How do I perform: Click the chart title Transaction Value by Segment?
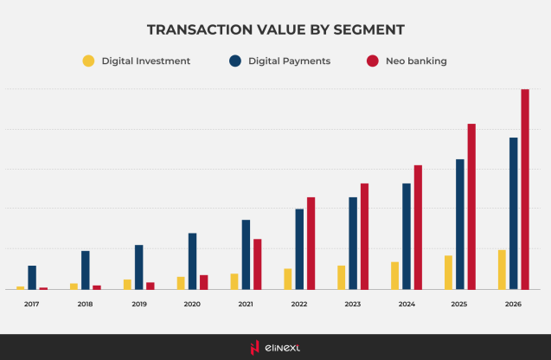[x=275, y=30]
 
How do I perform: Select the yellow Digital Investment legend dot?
[x=88, y=61]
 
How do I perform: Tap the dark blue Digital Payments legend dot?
[x=235, y=61]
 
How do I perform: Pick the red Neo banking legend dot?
[x=373, y=61]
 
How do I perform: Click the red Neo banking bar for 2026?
[x=525, y=189]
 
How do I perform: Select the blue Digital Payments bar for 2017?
[x=32, y=278]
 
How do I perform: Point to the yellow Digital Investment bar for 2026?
[x=502, y=270]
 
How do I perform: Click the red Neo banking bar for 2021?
[x=257, y=264]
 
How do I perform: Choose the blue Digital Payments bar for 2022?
[x=299, y=249]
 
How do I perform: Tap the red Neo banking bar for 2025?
[x=471, y=206]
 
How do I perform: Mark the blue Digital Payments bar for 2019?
[x=138, y=267]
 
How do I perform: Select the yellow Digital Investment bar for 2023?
[x=341, y=278]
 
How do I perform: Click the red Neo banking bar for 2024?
[x=418, y=227]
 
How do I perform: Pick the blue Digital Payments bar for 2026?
[x=513, y=213]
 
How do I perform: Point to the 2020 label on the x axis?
[x=192, y=305]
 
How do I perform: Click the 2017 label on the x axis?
[x=32, y=305]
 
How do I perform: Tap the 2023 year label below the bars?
[x=353, y=305]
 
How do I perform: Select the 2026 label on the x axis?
[x=513, y=305]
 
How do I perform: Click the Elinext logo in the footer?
[x=275, y=348]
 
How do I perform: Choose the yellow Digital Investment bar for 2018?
[x=74, y=286]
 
